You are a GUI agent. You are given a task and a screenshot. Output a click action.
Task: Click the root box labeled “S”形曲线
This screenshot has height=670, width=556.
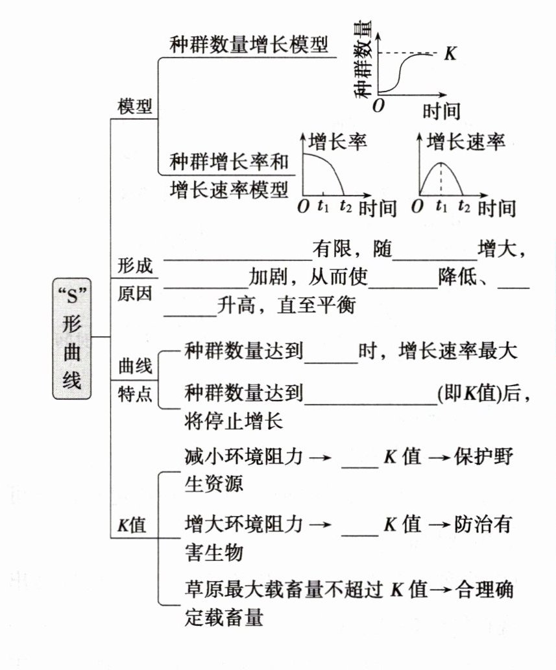click(x=72, y=338)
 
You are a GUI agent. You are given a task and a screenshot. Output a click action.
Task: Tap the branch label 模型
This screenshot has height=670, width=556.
click(x=134, y=107)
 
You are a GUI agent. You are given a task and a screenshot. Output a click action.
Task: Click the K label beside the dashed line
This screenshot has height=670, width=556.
click(x=450, y=54)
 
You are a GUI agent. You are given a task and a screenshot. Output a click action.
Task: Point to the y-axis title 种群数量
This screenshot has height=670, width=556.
click(x=365, y=60)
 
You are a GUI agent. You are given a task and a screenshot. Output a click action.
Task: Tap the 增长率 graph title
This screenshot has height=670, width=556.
click(x=337, y=142)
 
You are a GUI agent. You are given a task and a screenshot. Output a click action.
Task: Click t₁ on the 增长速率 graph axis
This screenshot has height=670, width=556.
click(x=442, y=207)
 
